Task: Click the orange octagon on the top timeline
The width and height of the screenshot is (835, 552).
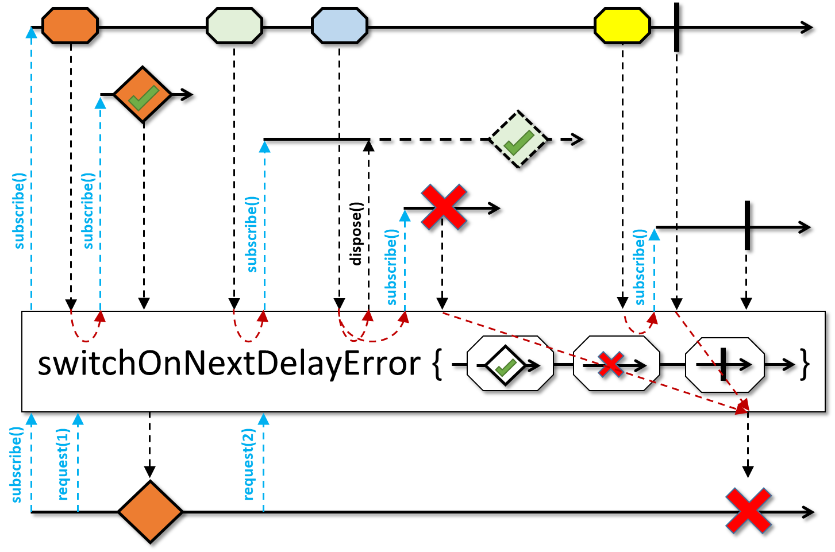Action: click(70, 26)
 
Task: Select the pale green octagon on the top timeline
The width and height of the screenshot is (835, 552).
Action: click(234, 26)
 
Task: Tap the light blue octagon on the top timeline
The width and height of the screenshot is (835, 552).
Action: click(340, 26)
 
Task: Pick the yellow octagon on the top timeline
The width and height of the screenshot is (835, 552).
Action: click(622, 26)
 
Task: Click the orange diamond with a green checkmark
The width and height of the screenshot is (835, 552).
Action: click(143, 95)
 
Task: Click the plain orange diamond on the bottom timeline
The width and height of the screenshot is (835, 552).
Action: click(150, 511)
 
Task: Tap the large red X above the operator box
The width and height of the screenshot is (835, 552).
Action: click(443, 207)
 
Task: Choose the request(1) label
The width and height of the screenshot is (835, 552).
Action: click(63, 464)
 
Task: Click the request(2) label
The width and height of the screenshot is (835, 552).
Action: click(248, 464)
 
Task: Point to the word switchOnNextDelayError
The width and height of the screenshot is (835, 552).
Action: click(229, 364)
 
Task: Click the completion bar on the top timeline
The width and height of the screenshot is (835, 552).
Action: click(677, 27)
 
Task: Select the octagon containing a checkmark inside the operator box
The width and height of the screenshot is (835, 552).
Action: click(510, 364)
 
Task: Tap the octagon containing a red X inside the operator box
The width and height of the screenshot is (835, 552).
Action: click(616, 364)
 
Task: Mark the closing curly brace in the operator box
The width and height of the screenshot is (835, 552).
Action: click(805, 364)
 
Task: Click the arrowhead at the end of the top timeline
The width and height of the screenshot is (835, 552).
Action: click(807, 27)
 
